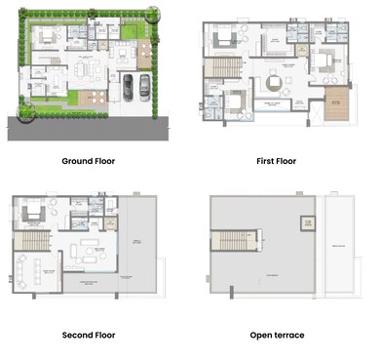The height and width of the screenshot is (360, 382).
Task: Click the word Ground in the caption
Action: (x=75, y=161)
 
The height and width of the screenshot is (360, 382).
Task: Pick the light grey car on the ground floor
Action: (x=128, y=86)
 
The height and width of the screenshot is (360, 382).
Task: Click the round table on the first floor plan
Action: (x=278, y=83)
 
